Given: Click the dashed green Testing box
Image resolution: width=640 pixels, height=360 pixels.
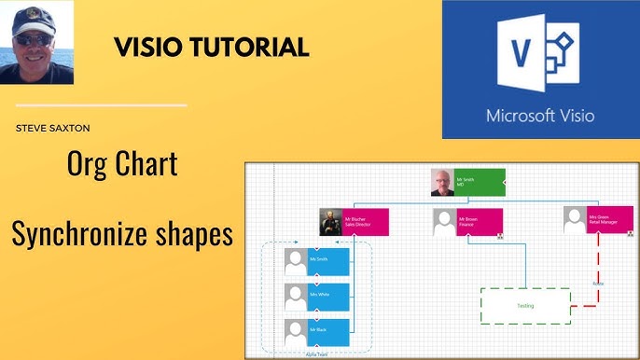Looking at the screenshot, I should tap(525, 306).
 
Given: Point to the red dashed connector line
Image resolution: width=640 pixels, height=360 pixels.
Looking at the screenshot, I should tap(597, 270).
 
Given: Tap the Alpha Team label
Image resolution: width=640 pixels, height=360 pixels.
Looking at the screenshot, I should tap(317, 353).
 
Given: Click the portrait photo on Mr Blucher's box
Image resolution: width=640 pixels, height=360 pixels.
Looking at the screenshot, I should tap(331, 222).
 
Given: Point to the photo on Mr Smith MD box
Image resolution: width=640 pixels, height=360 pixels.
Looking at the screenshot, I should tap(443, 183).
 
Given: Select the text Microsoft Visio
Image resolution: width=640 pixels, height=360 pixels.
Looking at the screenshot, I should tap(540, 117).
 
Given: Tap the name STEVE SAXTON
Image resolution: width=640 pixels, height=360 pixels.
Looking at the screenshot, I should tap(52, 128).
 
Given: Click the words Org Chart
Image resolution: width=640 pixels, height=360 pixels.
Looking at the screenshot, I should tap(122, 166).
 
